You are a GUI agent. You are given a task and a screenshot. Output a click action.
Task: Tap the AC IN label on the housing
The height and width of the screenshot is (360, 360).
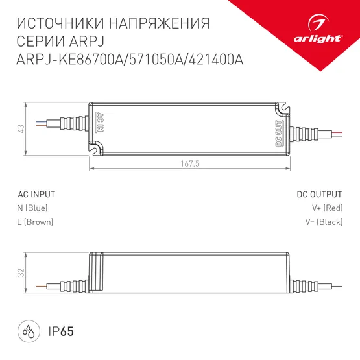tap(100, 123)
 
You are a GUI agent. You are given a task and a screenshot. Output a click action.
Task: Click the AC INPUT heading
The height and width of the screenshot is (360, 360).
tap(36, 194)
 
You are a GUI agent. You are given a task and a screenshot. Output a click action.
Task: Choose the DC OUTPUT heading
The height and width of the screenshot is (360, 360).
tap(319, 194)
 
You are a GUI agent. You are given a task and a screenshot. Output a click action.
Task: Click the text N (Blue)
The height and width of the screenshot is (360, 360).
tap(32, 208)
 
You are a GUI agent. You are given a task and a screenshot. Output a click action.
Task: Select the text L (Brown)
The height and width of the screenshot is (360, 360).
tap(35, 222)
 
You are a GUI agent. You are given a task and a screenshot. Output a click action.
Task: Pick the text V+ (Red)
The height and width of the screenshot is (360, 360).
tap(326, 208)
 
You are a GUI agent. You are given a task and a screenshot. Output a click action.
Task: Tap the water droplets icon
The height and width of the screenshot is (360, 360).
tap(29, 332)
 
